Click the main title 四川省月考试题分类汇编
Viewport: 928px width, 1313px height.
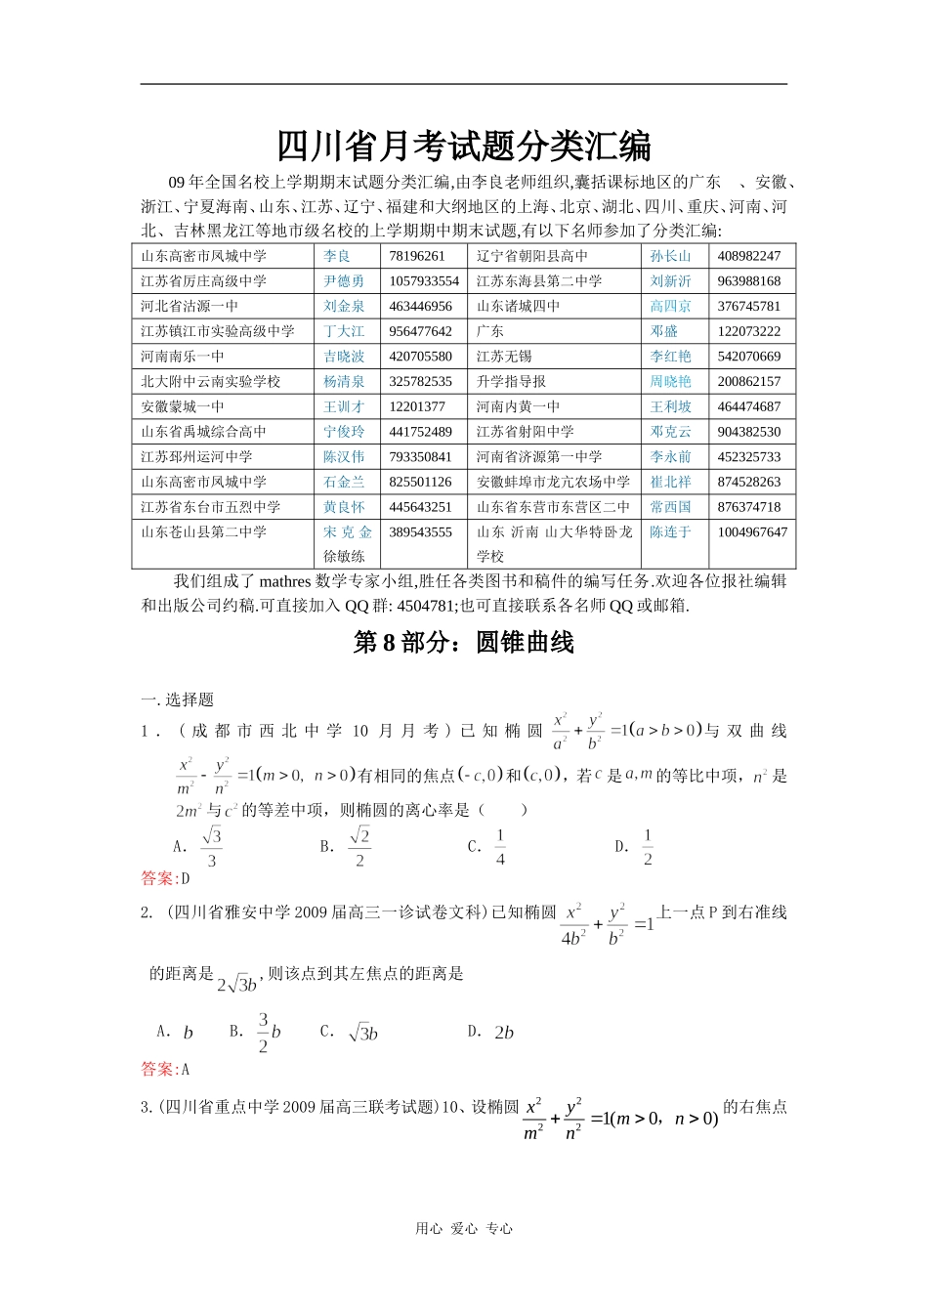464,147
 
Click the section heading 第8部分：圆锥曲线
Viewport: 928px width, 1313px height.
464,642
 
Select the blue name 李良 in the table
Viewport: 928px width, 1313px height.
337,256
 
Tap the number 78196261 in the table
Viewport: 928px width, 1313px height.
417,256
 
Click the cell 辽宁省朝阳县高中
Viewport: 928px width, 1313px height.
532,256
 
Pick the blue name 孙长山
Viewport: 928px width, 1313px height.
670,256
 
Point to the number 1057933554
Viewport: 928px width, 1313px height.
424,281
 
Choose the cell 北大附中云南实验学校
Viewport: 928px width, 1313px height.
211,382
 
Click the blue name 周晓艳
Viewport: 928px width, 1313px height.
670,382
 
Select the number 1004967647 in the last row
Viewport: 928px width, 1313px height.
752,532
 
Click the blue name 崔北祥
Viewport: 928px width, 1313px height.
670,483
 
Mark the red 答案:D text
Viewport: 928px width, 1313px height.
165,878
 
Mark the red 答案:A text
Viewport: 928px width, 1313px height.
165,1069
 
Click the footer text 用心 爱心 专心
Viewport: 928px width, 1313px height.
464,1229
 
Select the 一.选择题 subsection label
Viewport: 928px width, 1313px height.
177,699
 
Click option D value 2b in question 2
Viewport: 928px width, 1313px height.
504,1033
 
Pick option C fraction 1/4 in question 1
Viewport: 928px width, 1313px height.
500,847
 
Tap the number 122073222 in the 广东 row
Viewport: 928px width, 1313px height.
749,331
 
